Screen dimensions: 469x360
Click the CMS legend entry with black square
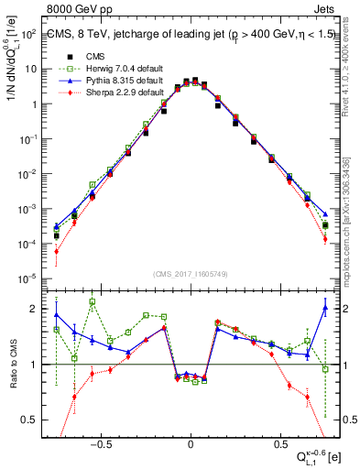pyautogui.click(x=82, y=54)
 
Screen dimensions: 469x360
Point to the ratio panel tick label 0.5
pyautogui.click(x=31, y=420)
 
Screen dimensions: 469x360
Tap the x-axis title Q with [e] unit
pyautogui.click(x=311, y=455)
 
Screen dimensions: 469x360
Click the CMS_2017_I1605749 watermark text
pyautogui.click(x=191, y=274)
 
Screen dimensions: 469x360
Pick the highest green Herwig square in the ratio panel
pyautogui.click(x=92, y=301)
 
